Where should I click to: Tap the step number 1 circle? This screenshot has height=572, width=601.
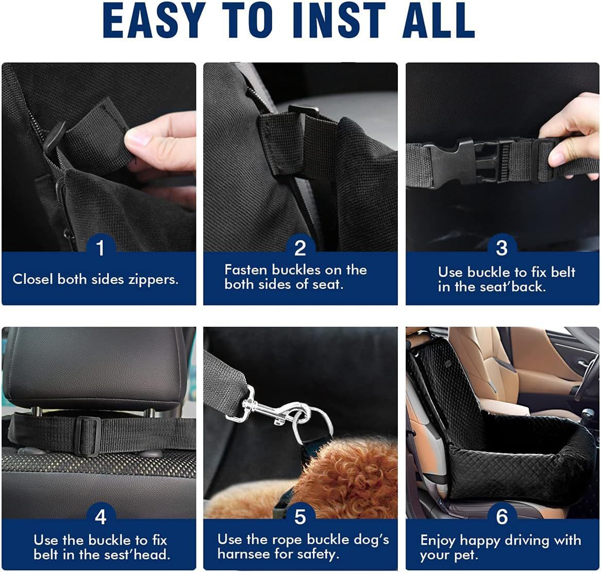pos(100,248)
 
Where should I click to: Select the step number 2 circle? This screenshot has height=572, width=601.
pos(300,248)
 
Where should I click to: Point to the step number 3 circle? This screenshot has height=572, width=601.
pos(502,248)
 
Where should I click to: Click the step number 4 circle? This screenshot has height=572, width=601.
pos(100,516)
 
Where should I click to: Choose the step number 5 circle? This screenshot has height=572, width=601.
pos(300,516)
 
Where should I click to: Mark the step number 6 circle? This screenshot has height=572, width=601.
pos(502,516)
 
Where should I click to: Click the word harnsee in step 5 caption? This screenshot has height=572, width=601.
pos(243,554)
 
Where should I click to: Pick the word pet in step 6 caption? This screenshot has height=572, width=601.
pos(468,556)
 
